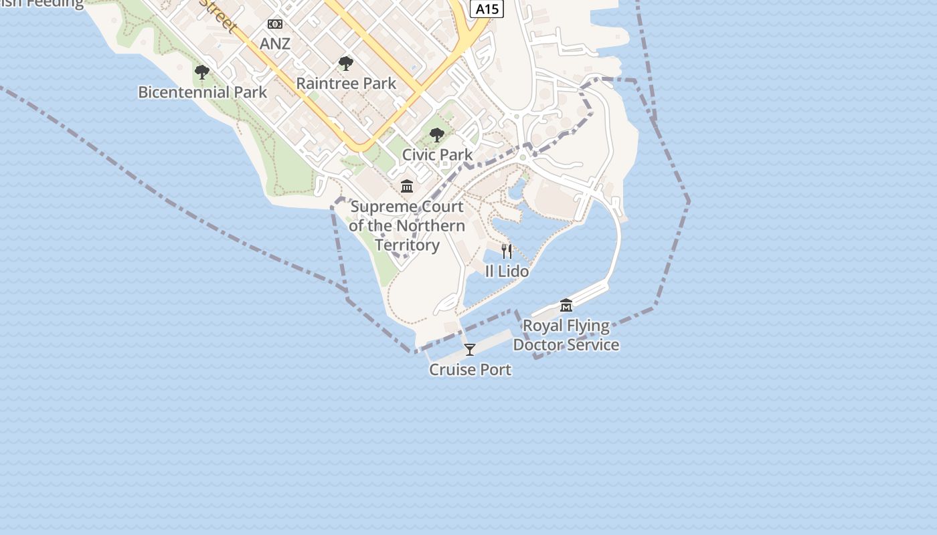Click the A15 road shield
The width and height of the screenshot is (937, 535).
pos(487,9)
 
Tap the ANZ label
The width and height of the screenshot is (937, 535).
pos(275,43)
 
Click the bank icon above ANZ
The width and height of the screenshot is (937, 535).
pos(275,24)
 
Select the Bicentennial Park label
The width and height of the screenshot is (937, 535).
pos(202,92)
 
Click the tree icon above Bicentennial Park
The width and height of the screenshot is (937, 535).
pos(202,72)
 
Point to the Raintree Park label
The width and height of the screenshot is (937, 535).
pos(346,84)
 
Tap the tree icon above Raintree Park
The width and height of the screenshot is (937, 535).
pos(346,64)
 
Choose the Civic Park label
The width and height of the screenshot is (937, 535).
pos(437,154)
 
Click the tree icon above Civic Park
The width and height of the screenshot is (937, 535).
pos(437,136)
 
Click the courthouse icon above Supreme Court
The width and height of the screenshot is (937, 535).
pos(407,186)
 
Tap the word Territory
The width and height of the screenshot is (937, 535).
pos(407,245)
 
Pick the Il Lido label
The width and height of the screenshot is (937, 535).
pos(507,272)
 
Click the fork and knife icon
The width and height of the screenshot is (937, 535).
pos(507,251)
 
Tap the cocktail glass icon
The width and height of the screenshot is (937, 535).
pos(470,350)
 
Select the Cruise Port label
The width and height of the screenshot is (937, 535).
pos(470,370)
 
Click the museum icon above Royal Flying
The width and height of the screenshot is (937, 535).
pos(566,306)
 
